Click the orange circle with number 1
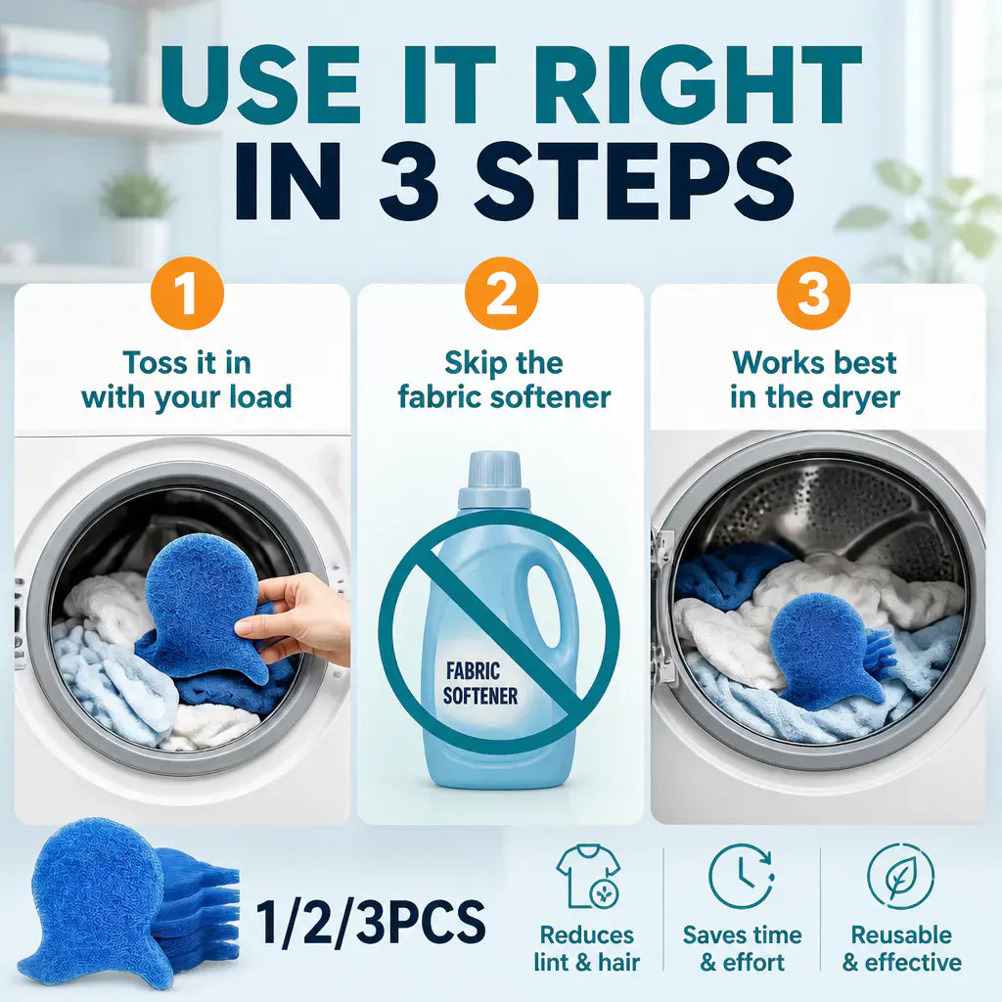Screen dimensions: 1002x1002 click(x=187, y=294)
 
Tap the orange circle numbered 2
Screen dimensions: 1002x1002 click(x=501, y=294)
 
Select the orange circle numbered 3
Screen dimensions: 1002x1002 click(x=813, y=294)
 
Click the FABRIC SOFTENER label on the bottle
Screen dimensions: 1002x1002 click(x=480, y=683)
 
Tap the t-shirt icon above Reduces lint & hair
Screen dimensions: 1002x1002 click(x=588, y=876)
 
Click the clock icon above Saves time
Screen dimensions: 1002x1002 click(x=742, y=876)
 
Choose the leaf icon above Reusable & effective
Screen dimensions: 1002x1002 click(x=900, y=876)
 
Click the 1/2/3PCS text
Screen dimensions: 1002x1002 click(x=371, y=922)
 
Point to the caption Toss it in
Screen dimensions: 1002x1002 click(x=187, y=362)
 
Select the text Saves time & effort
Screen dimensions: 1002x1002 click(x=742, y=948)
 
